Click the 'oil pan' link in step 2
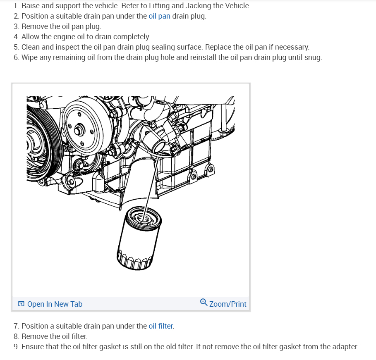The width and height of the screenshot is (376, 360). coord(159,16)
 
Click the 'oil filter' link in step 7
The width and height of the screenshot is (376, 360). coord(161,326)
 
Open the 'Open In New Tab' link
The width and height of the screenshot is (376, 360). coord(55,304)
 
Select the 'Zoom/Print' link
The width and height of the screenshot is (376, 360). coord(228,304)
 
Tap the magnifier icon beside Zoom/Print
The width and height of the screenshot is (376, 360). coord(204,303)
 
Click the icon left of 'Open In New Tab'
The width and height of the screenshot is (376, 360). coord(21,304)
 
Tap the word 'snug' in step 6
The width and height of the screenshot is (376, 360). coord(313,57)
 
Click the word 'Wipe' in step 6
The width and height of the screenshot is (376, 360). coord(30,57)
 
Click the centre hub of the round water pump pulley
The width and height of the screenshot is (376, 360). coord(78,131)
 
